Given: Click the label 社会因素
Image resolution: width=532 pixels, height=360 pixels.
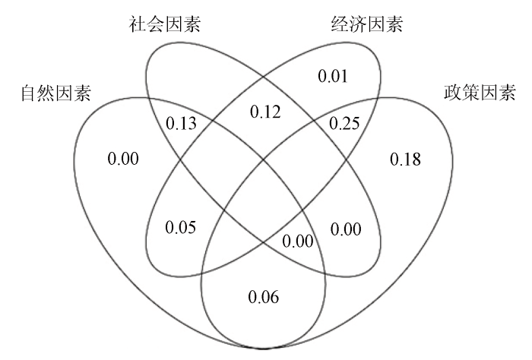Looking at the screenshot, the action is tap(165, 24).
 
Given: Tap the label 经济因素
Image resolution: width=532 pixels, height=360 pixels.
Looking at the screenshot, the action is tap(367, 24).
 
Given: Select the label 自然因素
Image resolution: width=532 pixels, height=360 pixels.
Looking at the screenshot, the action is tap(56, 93).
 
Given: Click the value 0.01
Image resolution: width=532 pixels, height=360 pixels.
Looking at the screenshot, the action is tap(333, 76).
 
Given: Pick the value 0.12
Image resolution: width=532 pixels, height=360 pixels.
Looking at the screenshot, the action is tap(265, 112).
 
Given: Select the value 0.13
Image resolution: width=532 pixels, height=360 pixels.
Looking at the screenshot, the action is tap(181, 123).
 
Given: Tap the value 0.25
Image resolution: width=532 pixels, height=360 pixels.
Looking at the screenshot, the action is tap(344, 123).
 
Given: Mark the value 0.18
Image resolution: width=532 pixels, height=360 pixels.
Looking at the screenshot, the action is tap(405, 159).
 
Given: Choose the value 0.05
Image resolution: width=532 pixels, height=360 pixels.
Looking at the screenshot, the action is tap(181, 227).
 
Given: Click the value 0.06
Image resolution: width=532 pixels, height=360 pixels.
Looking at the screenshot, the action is tap(264, 297).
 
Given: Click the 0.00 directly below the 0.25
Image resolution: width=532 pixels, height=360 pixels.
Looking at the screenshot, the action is tap(346, 229).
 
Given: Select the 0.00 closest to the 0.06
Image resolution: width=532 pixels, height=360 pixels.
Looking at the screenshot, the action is tap(298, 242).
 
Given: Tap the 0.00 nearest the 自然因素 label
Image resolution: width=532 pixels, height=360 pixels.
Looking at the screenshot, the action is tap(123, 159).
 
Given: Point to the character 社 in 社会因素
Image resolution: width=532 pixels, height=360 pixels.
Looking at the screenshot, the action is tap(138, 24).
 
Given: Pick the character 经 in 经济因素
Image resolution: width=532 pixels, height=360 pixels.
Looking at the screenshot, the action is tap(340, 24).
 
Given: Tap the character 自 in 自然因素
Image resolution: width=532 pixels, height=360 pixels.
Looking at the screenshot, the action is tap(29, 93).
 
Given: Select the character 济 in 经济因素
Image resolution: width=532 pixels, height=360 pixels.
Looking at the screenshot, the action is tap(358, 24).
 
